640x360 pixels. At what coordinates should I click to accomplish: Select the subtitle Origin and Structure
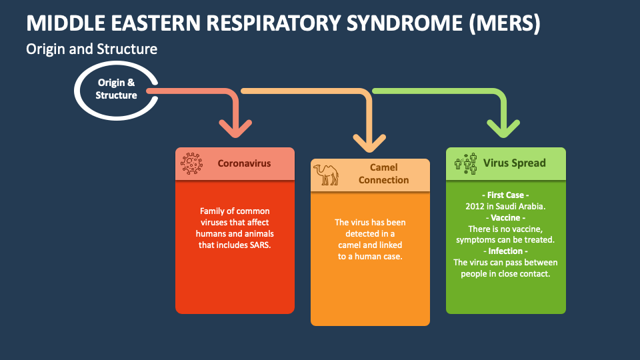click(x=91, y=49)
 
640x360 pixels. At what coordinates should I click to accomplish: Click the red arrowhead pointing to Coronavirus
click(x=235, y=126)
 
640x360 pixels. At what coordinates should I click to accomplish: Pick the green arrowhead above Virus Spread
click(x=503, y=126)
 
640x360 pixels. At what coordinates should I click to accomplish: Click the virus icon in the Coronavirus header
click(x=192, y=163)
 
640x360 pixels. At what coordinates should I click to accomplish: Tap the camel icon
click(x=326, y=174)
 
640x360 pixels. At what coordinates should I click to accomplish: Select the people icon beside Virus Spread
click(x=466, y=163)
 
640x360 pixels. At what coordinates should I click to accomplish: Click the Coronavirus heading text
click(x=244, y=163)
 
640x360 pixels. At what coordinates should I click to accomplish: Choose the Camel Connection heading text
click(x=383, y=174)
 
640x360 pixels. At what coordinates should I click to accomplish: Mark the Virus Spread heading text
click(x=514, y=163)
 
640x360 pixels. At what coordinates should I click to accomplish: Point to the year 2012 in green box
click(x=476, y=207)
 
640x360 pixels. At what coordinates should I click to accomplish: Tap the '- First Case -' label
click(x=505, y=195)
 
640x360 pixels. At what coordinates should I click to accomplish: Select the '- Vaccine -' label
click(x=505, y=218)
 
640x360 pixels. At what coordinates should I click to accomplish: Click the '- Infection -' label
click(x=505, y=251)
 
